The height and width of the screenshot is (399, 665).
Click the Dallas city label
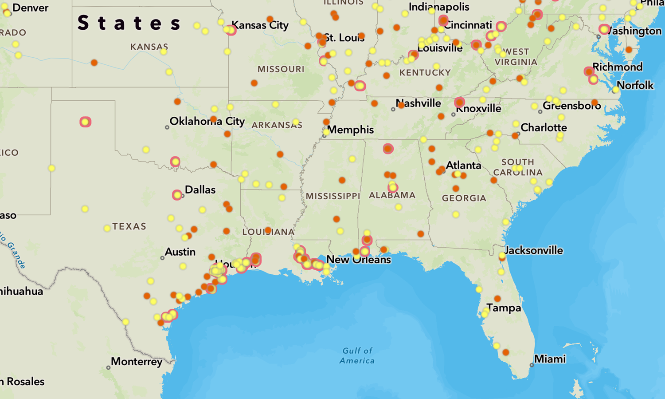(x=200, y=190)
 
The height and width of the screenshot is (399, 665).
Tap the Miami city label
(x=550, y=359)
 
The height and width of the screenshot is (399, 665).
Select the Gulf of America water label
(x=357, y=356)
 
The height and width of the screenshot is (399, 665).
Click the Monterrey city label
(x=137, y=362)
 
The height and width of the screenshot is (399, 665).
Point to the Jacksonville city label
(x=534, y=251)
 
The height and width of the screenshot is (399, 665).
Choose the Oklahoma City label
(x=207, y=121)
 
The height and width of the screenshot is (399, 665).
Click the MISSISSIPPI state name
(x=332, y=196)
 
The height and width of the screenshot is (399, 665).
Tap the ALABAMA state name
(x=392, y=195)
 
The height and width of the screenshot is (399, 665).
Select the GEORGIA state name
(x=464, y=198)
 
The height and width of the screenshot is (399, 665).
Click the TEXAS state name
(x=129, y=226)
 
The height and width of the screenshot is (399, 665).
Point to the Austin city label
(x=180, y=252)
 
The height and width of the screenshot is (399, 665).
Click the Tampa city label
(x=504, y=308)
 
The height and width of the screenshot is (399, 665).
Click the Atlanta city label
(x=463, y=166)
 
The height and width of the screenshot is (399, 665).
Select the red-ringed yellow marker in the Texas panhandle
(x=86, y=122)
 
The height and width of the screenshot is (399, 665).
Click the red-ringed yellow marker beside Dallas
(x=177, y=195)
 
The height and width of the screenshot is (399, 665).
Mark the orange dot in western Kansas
(x=94, y=63)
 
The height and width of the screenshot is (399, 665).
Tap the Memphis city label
(x=350, y=130)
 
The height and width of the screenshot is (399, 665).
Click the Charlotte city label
(x=544, y=128)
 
